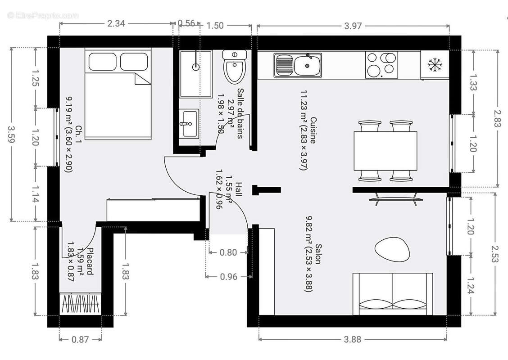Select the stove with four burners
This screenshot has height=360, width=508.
381,65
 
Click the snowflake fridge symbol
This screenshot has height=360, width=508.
435,65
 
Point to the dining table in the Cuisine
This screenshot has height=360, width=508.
385,151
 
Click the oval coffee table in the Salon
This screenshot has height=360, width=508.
392,249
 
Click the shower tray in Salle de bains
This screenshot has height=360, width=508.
195,74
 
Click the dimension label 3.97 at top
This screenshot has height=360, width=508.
353,26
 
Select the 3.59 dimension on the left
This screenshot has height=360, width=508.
13,135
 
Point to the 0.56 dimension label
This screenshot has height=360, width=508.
186,23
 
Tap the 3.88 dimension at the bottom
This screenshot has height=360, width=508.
352,339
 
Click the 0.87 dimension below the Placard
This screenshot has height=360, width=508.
80,340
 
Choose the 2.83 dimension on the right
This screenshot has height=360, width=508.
497,118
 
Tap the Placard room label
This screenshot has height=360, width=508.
90,261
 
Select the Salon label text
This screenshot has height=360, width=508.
318,254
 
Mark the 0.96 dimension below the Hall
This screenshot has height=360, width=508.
228,277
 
